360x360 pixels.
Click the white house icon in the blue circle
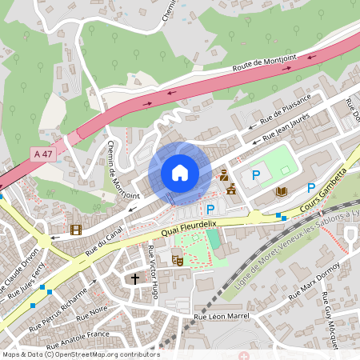pyautogui.click(x=180, y=173)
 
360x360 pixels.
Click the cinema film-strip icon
pyautogui.click(x=75, y=230)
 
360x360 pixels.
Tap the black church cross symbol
pyautogui.click(x=135, y=279)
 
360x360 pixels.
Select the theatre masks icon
pyautogui.click(x=178, y=258)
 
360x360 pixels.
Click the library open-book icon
pyautogui.click(x=282, y=191)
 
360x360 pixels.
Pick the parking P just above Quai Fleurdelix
pyautogui.click(x=210, y=209)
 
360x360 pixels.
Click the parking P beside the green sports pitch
pyautogui.click(x=256, y=175)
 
